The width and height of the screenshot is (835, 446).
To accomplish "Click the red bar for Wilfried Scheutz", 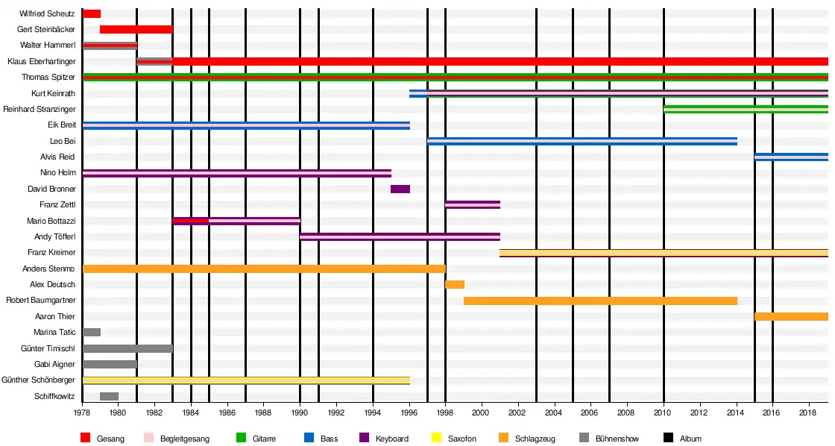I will click(92, 13).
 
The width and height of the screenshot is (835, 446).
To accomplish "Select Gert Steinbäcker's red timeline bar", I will click(136, 29).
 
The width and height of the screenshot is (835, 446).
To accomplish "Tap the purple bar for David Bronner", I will click(400, 189).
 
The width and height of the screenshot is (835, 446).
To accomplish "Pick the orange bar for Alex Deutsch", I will click(455, 284).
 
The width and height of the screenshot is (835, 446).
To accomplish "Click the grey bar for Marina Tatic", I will click(92, 332).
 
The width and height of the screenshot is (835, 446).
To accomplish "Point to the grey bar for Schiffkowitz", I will click(109, 396).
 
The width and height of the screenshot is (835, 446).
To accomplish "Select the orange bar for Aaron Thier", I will click(791, 316).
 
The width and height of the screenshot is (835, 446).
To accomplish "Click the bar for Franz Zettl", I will click(473, 204).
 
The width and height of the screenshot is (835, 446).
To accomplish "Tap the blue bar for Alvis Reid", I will click(791, 157).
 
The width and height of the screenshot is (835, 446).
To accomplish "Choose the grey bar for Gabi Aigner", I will click(110, 364).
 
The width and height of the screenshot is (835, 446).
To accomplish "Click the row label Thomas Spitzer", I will click(48, 77).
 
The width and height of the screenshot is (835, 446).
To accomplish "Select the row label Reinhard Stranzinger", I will click(39, 109).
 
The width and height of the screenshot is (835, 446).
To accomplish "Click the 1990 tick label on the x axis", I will click(300, 412).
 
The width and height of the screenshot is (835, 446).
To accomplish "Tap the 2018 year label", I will click(809, 412).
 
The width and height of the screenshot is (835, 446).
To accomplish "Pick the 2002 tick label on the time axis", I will click(518, 412).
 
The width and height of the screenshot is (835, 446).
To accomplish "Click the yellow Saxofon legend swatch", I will click(438, 439).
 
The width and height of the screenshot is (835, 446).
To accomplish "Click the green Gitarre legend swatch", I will click(241, 439).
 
